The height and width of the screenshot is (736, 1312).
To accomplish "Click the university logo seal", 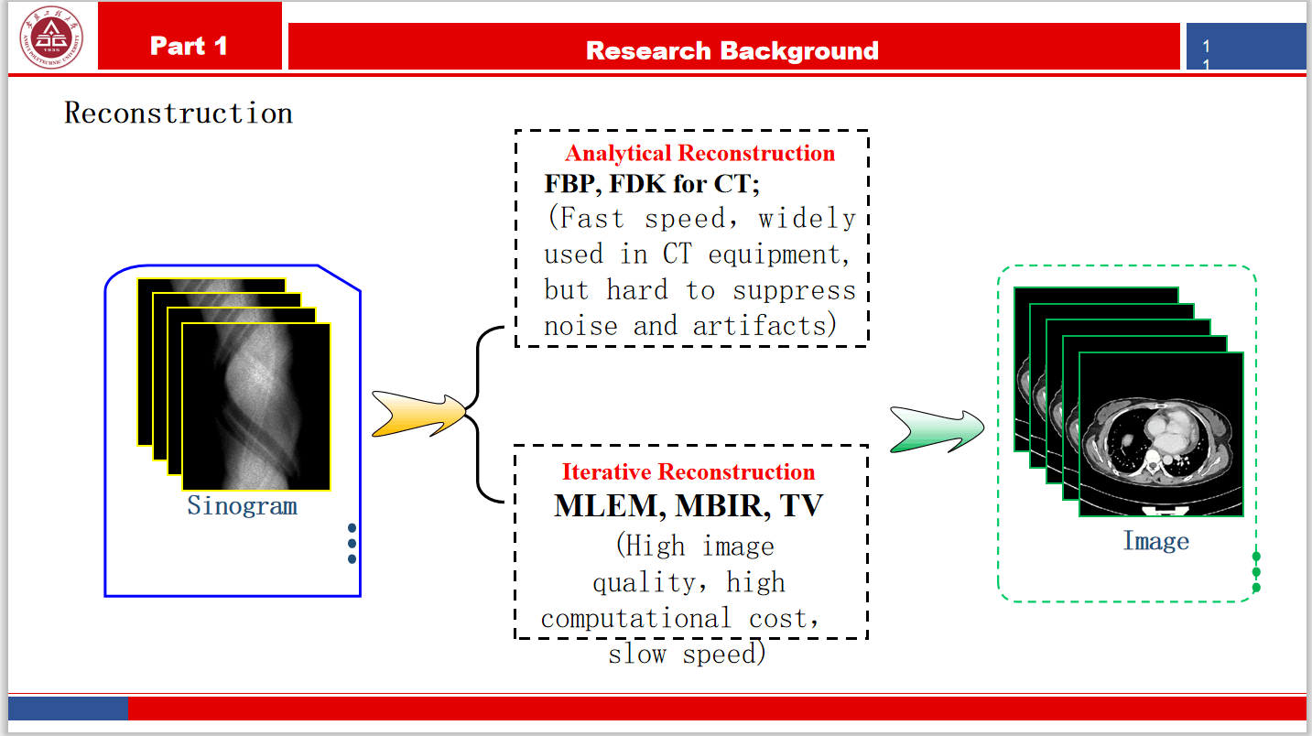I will (51, 38).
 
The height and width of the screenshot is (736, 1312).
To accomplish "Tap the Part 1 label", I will (189, 46).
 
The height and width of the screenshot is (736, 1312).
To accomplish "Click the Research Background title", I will (732, 50).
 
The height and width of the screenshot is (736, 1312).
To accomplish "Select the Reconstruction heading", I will (179, 114).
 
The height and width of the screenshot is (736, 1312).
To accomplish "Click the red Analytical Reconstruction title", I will (699, 153).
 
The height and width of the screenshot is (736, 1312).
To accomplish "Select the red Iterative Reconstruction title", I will (688, 472).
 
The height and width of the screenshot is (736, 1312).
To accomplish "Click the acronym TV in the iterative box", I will (803, 506).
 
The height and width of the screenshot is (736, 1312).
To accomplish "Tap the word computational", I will (634, 619).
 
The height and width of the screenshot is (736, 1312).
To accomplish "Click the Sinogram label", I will (242, 505).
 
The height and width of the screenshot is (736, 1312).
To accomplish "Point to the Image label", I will (1155, 541).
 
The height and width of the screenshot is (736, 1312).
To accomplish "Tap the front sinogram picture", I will (256, 407).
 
